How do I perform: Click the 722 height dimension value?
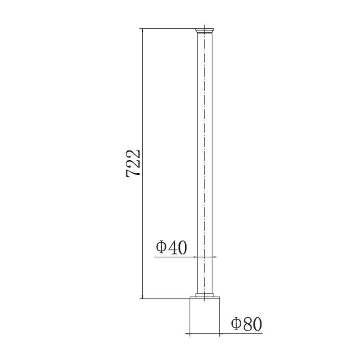[x=133, y=163]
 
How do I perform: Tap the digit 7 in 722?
[x=133, y=172]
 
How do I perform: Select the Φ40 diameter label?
[x=171, y=248]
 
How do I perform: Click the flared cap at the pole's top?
[x=204, y=30]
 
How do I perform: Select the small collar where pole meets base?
[x=204, y=296]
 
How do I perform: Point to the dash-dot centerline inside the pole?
[x=204, y=160]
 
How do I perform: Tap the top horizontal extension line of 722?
[x=168, y=28]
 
